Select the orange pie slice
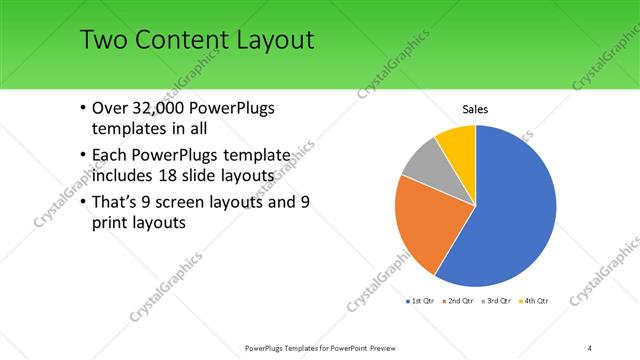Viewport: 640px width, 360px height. tap(424, 222)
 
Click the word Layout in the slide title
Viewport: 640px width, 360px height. tap(265, 40)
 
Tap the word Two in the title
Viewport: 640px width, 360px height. tap(102, 40)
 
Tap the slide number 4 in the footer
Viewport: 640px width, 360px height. tap(590, 347)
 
